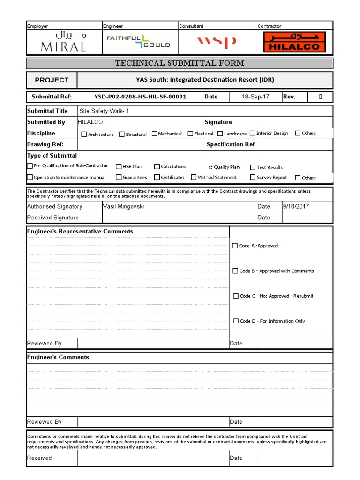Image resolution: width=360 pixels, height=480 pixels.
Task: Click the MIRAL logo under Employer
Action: [64, 42]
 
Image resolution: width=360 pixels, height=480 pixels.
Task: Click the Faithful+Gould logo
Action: [138, 42]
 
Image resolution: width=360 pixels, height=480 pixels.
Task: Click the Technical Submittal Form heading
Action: [180, 63]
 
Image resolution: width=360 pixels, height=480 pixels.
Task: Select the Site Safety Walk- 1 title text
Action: [104, 111]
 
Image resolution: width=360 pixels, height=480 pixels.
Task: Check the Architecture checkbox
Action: [84, 135]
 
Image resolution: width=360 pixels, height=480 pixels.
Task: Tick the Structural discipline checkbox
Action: [122, 135]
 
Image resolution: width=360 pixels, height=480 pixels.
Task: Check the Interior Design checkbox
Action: [252, 134]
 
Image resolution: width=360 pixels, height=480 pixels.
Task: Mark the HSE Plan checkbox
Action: [119, 166]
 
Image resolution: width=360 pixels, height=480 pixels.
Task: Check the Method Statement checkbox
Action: [194, 177]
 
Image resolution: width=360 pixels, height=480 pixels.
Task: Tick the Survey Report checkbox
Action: [253, 177]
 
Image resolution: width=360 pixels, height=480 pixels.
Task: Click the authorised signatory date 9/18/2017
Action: [296, 206]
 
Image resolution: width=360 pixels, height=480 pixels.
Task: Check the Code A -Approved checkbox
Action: [235, 246]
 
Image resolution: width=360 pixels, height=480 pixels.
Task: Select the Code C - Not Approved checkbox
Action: [236, 296]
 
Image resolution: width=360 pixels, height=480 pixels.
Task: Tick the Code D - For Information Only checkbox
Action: [236, 321]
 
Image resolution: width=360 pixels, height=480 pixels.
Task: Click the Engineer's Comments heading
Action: [58, 357]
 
